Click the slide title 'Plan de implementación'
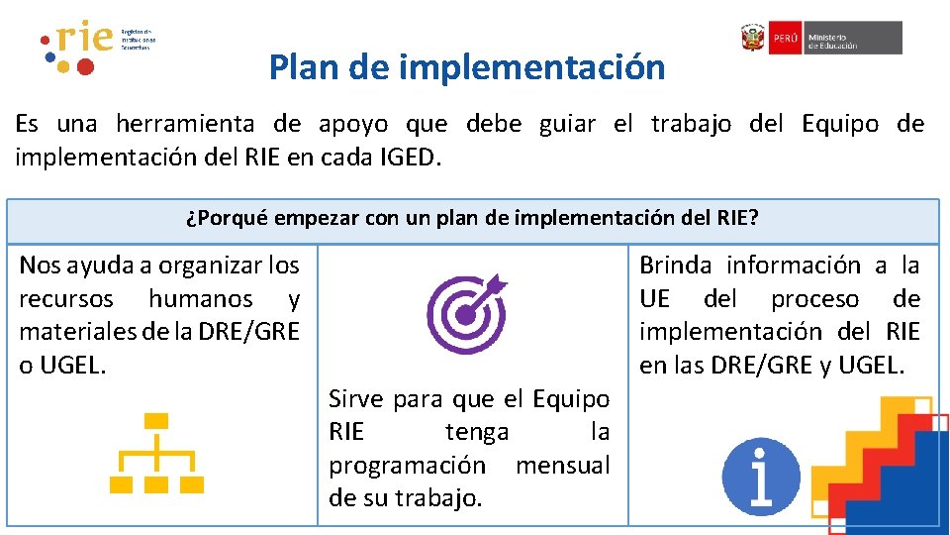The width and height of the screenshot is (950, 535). (x=466, y=67)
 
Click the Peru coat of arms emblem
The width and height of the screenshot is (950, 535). (x=753, y=38)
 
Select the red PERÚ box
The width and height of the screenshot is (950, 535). (x=785, y=38)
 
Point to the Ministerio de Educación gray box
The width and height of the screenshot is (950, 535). (x=853, y=38)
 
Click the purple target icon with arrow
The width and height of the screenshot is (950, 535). (x=465, y=314)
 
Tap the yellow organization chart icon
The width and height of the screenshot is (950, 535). (x=155, y=455)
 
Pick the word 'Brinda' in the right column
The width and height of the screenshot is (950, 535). (x=676, y=266)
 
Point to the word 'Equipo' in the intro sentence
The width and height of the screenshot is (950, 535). (x=840, y=124)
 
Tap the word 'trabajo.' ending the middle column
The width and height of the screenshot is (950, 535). (x=439, y=497)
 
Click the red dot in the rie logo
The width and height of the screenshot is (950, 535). (x=85, y=67)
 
